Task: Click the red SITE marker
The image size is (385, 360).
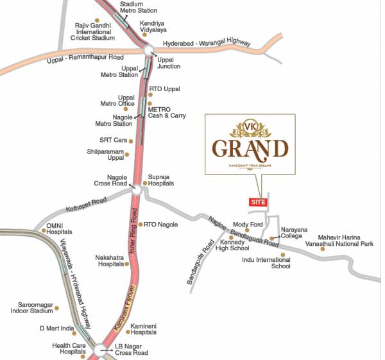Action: [x=258, y=202]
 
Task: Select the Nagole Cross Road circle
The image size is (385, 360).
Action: [x=136, y=189]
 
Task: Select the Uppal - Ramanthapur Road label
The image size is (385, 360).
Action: [x=85, y=60]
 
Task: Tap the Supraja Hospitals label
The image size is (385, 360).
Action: [x=161, y=180]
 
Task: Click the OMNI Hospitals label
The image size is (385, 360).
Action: [x=59, y=229]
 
